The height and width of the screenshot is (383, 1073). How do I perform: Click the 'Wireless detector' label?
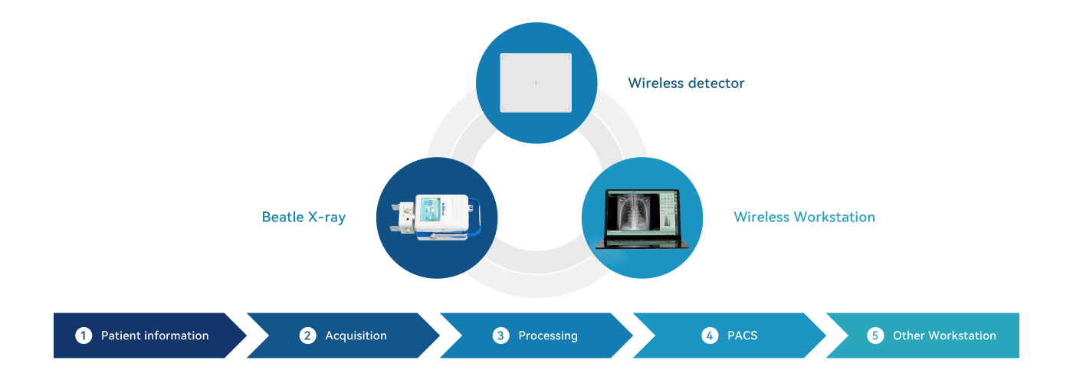click(686, 83)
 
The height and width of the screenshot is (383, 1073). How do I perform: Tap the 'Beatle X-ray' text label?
click(304, 217)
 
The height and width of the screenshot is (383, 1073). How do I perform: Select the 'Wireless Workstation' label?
click(804, 217)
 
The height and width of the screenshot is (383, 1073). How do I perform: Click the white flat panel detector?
click(536, 83)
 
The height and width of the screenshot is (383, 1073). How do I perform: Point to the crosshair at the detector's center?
click(536, 83)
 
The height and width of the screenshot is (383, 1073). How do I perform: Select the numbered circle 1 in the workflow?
click(84, 336)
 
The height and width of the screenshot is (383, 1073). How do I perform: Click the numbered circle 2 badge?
click(307, 336)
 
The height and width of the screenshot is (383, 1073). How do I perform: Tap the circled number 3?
click(500, 336)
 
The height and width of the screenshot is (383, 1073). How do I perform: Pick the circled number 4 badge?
click(710, 336)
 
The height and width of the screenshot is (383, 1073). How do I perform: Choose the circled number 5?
click(875, 336)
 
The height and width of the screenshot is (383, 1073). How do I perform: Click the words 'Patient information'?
click(155, 336)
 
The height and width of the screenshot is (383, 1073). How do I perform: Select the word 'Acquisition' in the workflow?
click(356, 336)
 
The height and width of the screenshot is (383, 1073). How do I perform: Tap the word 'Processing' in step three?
click(548, 336)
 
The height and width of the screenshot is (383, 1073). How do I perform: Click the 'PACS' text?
click(742, 336)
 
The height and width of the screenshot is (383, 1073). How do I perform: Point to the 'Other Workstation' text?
click(944, 336)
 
